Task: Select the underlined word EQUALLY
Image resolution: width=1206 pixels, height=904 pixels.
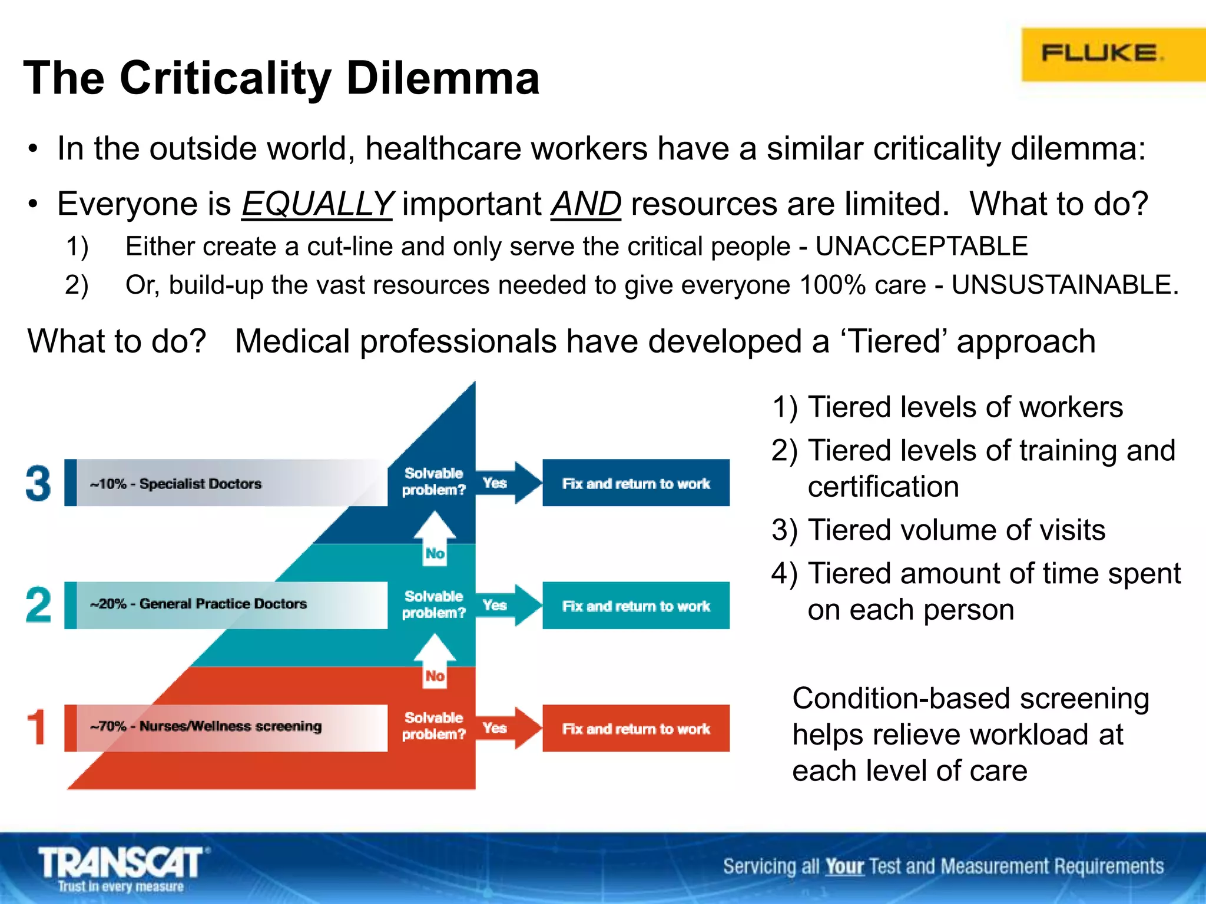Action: tap(317, 204)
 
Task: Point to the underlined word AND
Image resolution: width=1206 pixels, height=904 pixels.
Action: tap(586, 204)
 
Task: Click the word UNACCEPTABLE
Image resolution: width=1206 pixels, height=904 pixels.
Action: tap(922, 246)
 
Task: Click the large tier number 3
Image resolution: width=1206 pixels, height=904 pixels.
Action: tap(38, 483)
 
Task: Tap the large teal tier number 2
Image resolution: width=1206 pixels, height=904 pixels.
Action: tap(38, 605)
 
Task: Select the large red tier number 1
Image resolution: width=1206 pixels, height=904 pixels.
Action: tap(37, 727)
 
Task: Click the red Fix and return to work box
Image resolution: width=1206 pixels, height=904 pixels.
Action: tap(636, 729)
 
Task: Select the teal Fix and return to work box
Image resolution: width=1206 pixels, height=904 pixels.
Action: tap(636, 606)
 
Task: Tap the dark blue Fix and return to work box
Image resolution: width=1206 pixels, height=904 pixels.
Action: tap(636, 483)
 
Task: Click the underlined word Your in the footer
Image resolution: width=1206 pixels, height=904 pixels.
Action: tap(844, 866)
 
